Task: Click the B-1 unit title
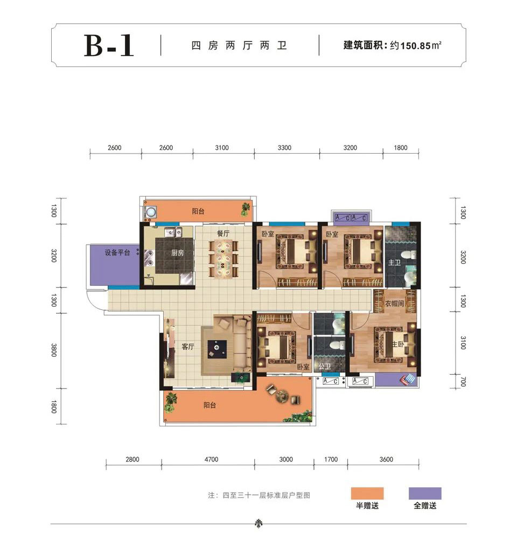point(109,45)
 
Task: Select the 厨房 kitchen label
point(177,253)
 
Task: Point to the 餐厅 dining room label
point(223,233)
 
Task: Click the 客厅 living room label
point(188,347)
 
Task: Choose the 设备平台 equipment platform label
point(117,252)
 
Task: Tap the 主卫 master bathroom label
point(395,262)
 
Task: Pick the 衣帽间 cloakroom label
point(395,303)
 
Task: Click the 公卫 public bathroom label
point(325,367)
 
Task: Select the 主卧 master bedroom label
point(398,344)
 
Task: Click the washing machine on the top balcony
point(151,212)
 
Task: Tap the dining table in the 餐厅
point(223,259)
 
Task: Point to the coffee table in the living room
point(217,348)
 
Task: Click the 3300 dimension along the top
point(284,148)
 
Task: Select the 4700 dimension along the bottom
point(211,459)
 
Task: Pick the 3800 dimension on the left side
point(53,350)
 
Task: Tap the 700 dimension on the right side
point(463,382)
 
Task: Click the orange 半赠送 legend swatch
point(367,493)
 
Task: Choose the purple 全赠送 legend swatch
point(425,493)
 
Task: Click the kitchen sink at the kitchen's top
point(173,232)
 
